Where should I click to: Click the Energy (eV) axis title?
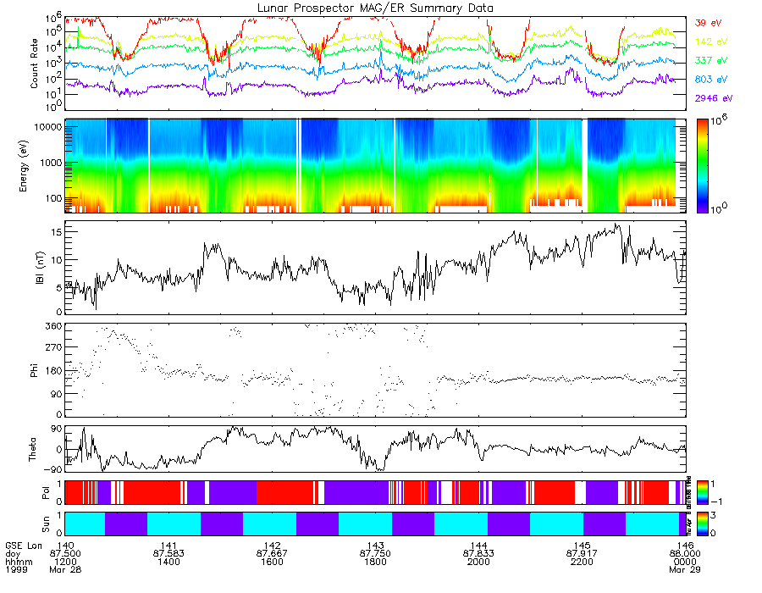(x=35, y=165)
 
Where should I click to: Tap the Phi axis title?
(x=35, y=369)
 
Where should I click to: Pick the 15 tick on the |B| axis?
(x=56, y=230)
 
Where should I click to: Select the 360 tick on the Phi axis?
(x=53, y=326)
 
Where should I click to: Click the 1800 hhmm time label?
(x=374, y=562)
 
